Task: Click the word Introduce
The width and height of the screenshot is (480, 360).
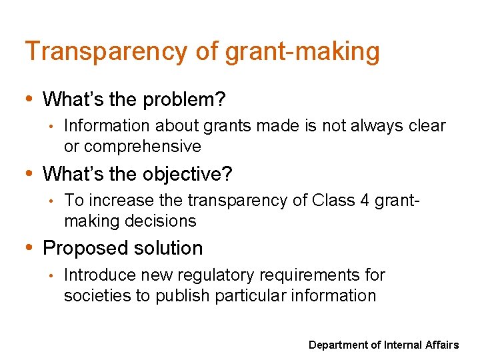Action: coord(96,275)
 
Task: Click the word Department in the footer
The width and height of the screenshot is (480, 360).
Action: coord(338,345)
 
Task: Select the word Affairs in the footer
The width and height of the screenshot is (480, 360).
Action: coord(441,345)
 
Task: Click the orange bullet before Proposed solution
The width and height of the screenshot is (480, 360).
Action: coord(30,248)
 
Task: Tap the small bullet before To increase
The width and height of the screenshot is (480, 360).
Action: coord(51,201)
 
